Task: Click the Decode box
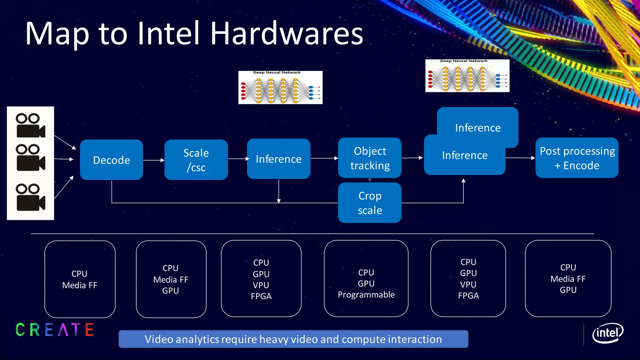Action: pyautogui.click(x=111, y=160)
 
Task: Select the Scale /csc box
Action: pyautogui.click(x=196, y=160)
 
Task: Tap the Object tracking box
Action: pyautogui.click(x=370, y=158)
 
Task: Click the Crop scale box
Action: pyautogui.click(x=370, y=203)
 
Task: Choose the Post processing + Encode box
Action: pyautogui.click(x=577, y=158)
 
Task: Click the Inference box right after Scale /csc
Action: pyautogui.click(x=278, y=159)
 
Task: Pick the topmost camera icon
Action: pyautogui.click(x=30, y=126)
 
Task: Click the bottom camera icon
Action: pyautogui.click(x=30, y=197)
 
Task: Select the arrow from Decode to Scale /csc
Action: pyautogui.click(x=153, y=160)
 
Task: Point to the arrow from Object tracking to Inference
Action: pyautogui.click(x=412, y=158)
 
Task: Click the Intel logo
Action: pyautogui.click(x=607, y=333)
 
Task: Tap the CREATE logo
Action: pyautogui.click(x=55, y=330)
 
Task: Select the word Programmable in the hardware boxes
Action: pyautogui.click(x=366, y=295)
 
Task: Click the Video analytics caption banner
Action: pyautogui.click(x=293, y=339)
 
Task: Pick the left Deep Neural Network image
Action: pyautogui.click(x=280, y=87)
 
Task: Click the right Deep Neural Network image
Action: pyautogui.click(x=467, y=76)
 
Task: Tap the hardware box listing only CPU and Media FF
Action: pyautogui.click(x=80, y=279)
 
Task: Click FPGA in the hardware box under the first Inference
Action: pyautogui.click(x=261, y=296)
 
